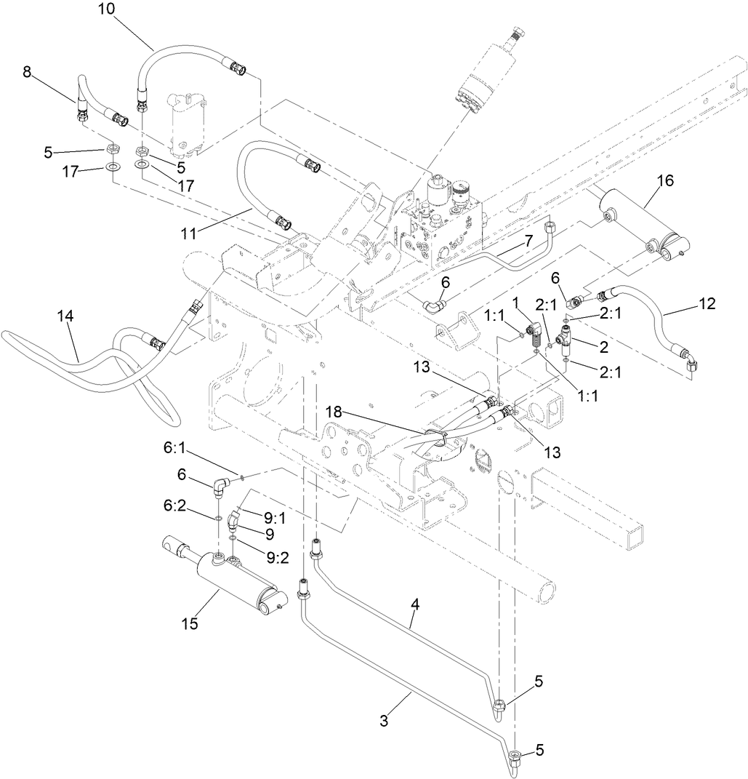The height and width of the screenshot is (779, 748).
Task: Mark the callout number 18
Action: (x=334, y=412)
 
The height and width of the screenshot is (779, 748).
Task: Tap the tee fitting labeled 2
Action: (x=564, y=337)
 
